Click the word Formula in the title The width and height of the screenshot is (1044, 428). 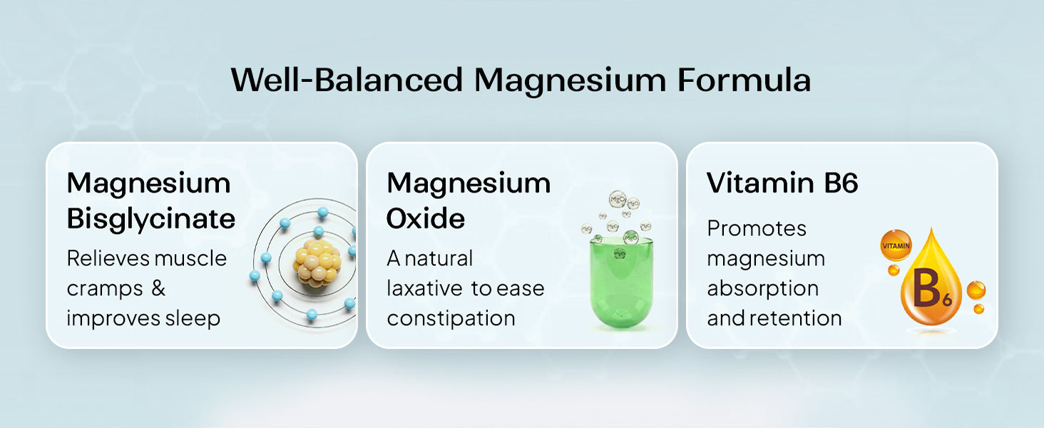tap(744, 80)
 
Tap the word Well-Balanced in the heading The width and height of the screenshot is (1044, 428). tap(347, 80)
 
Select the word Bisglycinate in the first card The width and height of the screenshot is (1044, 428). tap(151, 219)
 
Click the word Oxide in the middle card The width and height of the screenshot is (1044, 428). tap(426, 218)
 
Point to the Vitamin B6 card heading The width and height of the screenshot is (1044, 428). tap(782, 183)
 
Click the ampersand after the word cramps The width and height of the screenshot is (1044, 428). tap(158, 287)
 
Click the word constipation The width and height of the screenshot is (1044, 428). tap(451, 319)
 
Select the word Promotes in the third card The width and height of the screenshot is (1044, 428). tap(757, 228)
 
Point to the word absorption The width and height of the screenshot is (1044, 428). tap(762, 289)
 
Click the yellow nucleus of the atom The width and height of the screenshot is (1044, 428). tap(317, 263)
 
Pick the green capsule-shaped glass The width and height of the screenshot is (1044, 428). tap(621, 282)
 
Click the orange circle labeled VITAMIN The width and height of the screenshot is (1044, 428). tap(896, 245)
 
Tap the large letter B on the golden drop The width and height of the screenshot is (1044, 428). tap(927, 288)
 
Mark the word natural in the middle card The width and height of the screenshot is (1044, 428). tap(438, 258)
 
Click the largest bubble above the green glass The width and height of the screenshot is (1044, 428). tap(618, 199)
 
